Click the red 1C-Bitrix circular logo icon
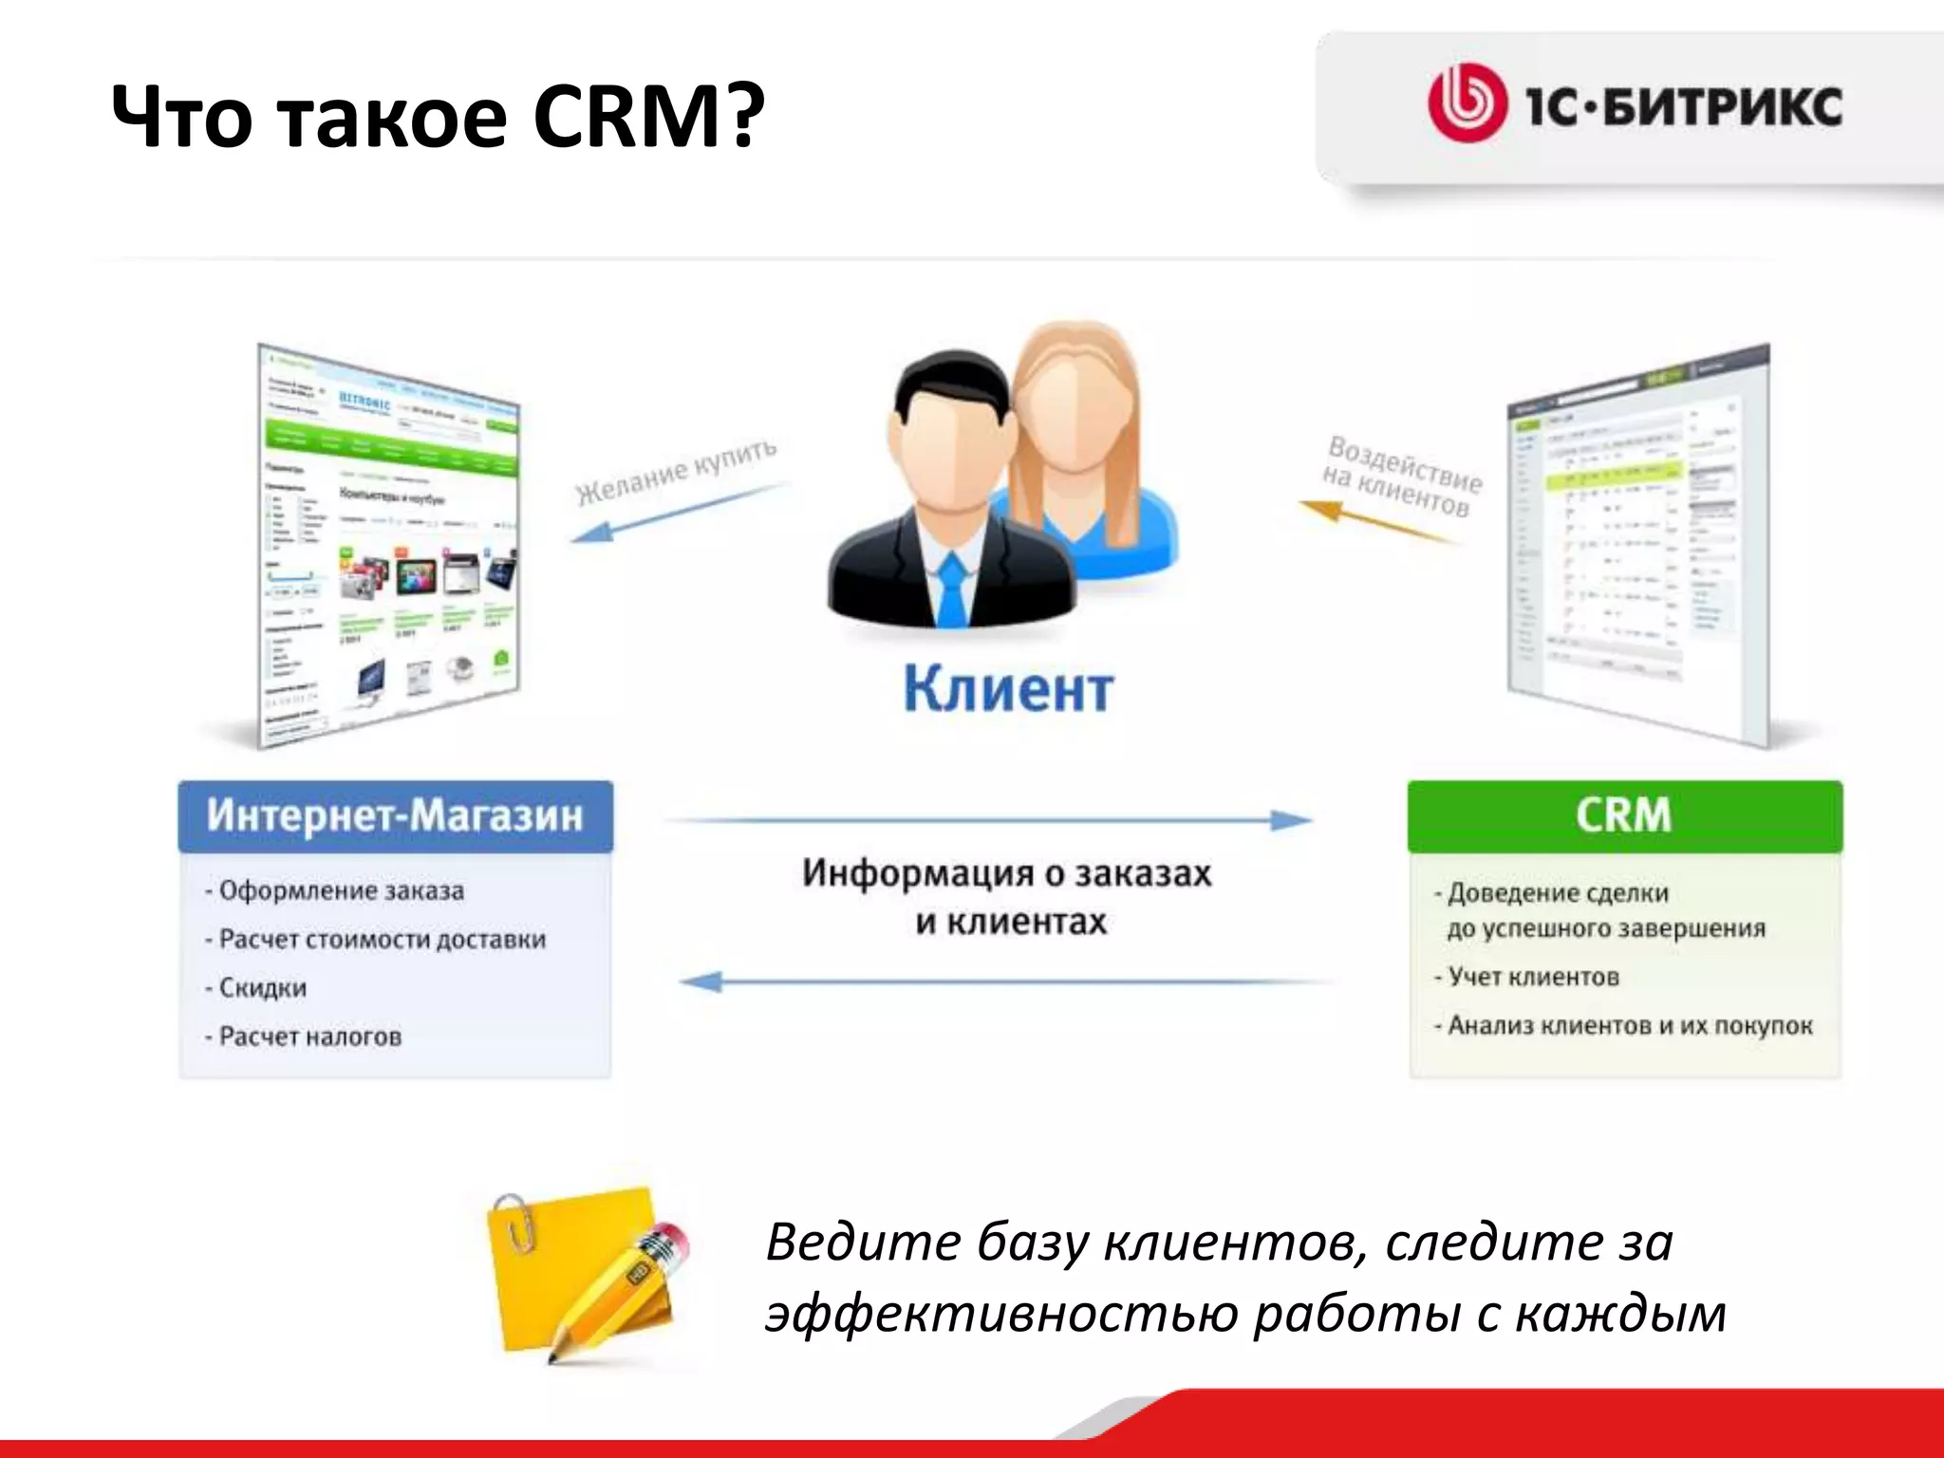click(1467, 103)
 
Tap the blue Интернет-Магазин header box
click(395, 816)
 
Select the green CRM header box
click(1624, 816)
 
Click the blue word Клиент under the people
click(1008, 689)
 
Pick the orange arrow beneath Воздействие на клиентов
click(1376, 523)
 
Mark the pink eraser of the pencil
click(672, 1240)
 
